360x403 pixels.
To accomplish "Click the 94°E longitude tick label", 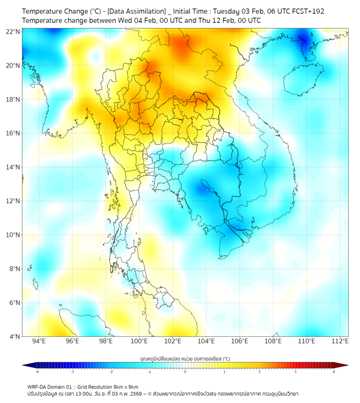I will pyautogui.click(x=39, y=341).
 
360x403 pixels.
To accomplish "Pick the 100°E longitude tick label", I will pyautogui.click(x=140, y=341).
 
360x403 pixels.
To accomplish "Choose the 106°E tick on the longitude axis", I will pyautogui.click(x=240, y=341).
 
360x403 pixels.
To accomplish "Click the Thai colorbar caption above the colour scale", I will pyautogui.click(x=185, y=359).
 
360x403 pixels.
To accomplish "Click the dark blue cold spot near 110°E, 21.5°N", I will pyautogui.click(x=306, y=40).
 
